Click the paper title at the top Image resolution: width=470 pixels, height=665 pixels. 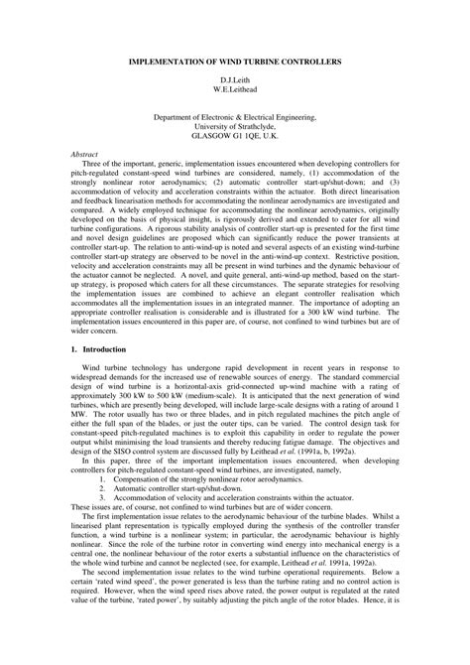(235, 61)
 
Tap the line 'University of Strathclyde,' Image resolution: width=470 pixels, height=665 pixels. (235, 126)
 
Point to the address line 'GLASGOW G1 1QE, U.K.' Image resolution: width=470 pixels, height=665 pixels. (235, 136)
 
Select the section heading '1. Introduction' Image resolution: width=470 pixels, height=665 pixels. (99, 349)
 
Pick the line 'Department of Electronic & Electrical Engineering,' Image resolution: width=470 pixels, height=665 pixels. (235, 116)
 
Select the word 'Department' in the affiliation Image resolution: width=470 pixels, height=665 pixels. (173, 116)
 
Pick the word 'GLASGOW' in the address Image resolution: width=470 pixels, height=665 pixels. (194, 136)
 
